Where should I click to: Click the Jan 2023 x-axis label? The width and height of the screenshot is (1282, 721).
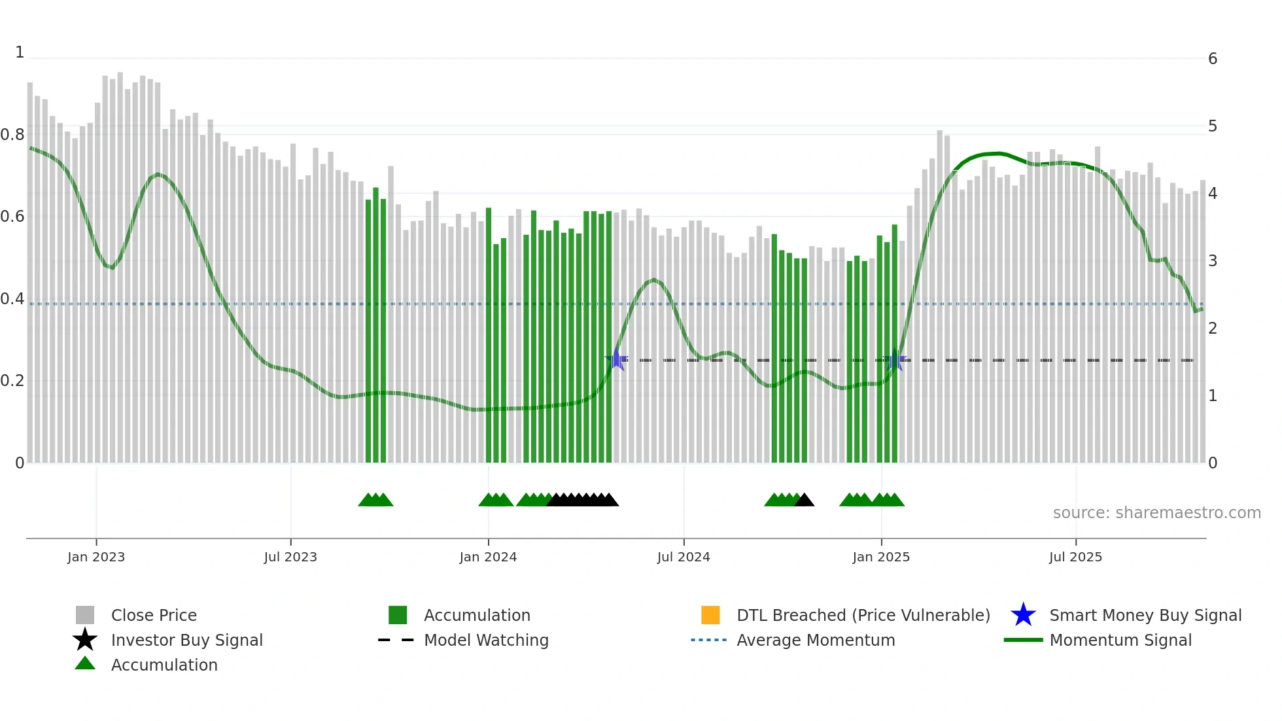click(x=95, y=557)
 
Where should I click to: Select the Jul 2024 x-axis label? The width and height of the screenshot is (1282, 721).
click(x=684, y=557)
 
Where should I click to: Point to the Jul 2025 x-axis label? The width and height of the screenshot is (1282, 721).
click(x=1075, y=557)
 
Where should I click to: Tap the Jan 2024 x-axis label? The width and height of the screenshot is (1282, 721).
click(x=488, y=557)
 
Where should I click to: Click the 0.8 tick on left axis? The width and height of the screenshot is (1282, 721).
click(x=12, y=135)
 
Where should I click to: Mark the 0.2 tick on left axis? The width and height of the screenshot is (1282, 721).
click(x=12, y=381)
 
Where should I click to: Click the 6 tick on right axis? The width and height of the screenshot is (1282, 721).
click(x=1213, y=59)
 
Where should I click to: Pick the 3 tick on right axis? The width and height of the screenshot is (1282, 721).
click(x=1213, y=261)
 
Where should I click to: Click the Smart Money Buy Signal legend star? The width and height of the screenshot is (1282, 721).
click(x=1023, y=615)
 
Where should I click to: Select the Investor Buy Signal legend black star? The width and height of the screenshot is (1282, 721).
click(x=85, y=640)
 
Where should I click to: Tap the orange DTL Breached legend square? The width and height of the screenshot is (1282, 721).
click(x=710, y=615)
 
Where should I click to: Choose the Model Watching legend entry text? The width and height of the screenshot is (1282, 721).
click(x=486, y=640)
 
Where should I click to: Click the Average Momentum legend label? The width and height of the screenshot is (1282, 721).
click(x=816, y=640)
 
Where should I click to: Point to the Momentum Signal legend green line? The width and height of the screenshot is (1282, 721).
click(x=1023, y=640)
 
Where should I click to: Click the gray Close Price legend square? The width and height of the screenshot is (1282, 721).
click(x=85, y=615)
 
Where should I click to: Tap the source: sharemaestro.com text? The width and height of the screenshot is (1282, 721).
click(x=1156, y=513)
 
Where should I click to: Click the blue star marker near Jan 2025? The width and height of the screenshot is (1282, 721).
click(x=895, y=360)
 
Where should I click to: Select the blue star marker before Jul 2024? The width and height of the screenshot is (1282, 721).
click(x=616, y=360)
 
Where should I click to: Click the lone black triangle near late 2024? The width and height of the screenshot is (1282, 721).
click(x=804, y=501)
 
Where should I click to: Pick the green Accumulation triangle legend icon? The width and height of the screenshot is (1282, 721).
click(x=85, y=663)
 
